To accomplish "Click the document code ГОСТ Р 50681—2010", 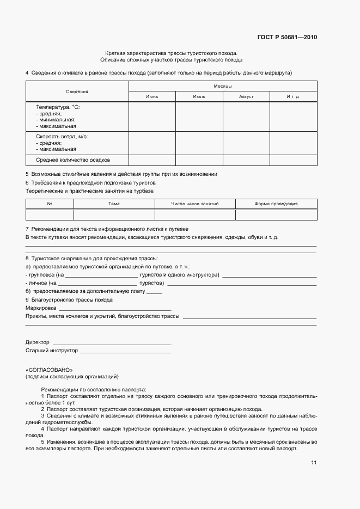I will coord(286,38).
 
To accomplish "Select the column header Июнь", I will coord(152,96).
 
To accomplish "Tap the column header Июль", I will coord(199,96).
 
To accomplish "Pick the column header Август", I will coord(246,96).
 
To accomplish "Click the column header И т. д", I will coord(293,96).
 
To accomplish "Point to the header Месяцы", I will coord(223,86).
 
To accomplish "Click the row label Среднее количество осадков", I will coord(73,160).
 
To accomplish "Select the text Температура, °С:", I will coord(58,107).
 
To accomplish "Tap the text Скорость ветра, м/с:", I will coord(62,137).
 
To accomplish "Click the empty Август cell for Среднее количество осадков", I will coord(246,160).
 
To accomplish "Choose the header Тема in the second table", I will coord(114,204).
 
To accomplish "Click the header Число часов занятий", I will coord(194,204).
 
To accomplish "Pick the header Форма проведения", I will coord(276,204).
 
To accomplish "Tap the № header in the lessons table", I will coord(50,204).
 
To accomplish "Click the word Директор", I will coord(38,342).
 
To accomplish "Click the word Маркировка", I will coord(40,308).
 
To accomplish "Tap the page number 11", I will coord(314,463).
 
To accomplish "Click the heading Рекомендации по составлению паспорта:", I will coord(93,390).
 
